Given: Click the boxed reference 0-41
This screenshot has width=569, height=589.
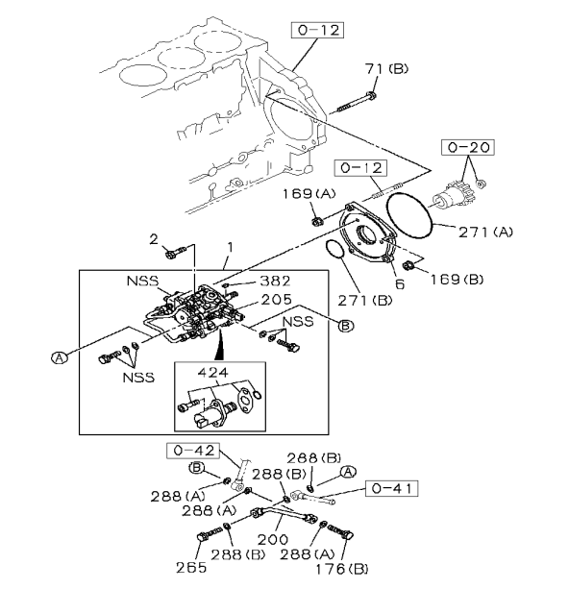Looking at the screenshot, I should (394, 488).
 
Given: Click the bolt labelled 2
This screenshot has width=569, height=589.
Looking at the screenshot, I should (172, 255).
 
